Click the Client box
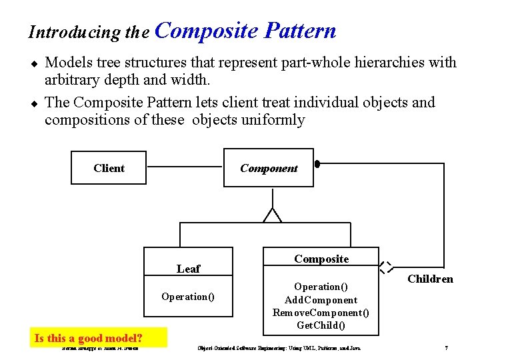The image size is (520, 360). point(109,168)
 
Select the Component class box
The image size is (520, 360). point(269,168)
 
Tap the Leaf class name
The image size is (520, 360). point(188,269)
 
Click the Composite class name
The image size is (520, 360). point(321,259)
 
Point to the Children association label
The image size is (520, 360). point(430,279)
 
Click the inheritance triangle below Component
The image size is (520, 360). point(272,215)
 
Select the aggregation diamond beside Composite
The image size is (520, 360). point(385,267)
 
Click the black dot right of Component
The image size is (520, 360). point(317,163)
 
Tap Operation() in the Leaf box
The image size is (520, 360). point(188,297)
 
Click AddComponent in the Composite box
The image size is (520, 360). point(321,300)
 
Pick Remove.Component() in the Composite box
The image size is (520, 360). point(321,313)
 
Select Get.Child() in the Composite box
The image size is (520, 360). point(321,325)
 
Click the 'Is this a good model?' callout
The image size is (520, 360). point(89,338)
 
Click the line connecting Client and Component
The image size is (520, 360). point(185,167)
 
